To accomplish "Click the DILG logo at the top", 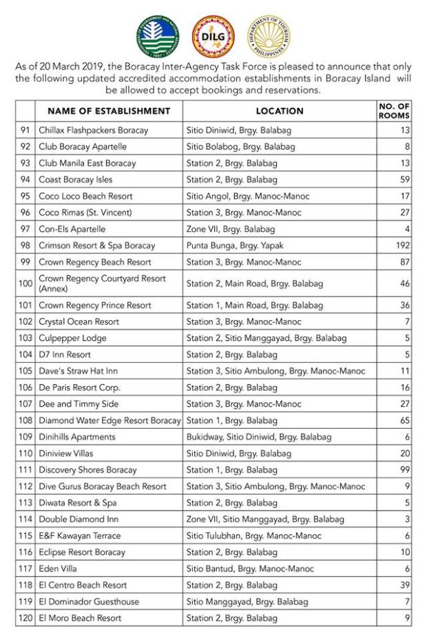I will point(213,36).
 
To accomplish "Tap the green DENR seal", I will point(158,36).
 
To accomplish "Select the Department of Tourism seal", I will point(269,36).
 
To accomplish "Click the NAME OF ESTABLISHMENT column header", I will point(109,111).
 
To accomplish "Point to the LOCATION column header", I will point(280,111).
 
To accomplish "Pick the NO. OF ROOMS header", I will point(394,111).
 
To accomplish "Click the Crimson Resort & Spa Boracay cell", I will point(97,246).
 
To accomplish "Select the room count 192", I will point(402,246).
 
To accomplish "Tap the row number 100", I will point(25,283).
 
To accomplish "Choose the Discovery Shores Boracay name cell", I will point(89,470).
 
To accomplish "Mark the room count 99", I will point(405,470).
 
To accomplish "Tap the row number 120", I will point(25,618).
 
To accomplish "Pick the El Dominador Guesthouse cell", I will point(89,601).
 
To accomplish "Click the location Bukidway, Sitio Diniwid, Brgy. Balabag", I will point(258,437).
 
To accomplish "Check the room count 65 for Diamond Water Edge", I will point(405,420).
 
